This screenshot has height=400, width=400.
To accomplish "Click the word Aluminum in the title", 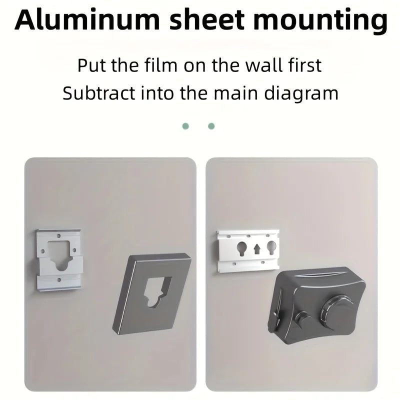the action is tap(87, 20).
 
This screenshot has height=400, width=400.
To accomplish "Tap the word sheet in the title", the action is tap(207, 20).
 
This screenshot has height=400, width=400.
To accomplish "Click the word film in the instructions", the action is tap(160, 65).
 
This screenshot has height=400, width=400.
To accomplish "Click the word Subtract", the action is tap(98, 93).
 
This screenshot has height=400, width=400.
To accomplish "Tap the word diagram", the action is tap(301, 94).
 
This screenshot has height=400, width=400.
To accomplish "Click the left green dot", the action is tap(185, 126).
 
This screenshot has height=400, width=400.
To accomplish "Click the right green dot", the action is tap(211, 126).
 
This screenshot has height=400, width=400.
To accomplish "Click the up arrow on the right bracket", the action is tap(257, 249).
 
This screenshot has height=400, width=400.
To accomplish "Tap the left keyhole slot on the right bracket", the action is tap(241, 248).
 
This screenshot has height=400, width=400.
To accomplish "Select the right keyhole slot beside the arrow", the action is tap(271, 248).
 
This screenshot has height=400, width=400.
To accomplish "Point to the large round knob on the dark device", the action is tap(337, 311).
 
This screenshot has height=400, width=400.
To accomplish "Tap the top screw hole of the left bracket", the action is tap(58, 236).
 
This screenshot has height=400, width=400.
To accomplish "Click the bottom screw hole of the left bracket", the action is tap(59, 280).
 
